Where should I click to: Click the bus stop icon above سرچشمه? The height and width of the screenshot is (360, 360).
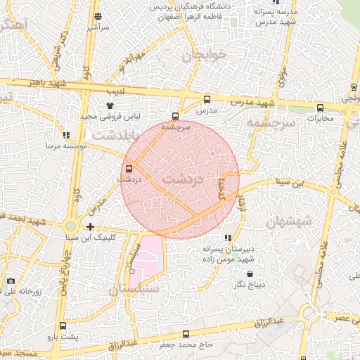175,116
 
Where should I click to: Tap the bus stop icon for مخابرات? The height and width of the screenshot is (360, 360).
321,108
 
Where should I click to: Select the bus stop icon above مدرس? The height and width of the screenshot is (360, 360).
206,100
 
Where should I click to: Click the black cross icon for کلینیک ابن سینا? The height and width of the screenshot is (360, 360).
91,226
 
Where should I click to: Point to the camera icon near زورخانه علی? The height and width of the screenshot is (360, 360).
11,281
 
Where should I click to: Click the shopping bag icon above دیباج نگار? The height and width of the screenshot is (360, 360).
250,273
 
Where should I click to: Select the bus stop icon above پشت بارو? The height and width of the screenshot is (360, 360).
63,326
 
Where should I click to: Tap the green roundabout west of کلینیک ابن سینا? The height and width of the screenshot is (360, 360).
70,226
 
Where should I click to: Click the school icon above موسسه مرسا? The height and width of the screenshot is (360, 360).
66,135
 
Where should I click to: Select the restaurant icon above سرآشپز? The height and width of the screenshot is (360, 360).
97,16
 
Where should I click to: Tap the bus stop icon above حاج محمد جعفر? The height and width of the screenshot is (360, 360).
186,334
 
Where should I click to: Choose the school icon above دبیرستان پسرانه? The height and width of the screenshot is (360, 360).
226,238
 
